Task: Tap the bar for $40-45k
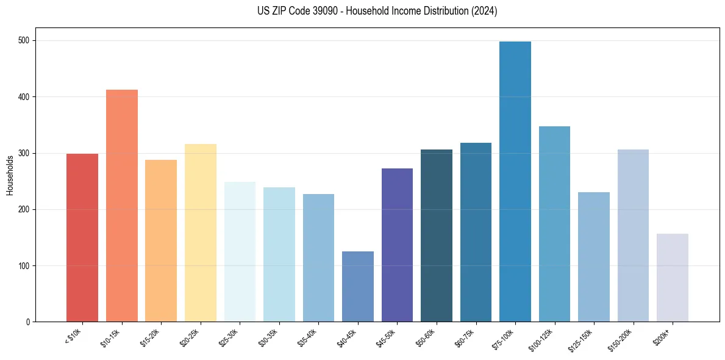tap(358, 286)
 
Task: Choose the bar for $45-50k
tap(397, 245)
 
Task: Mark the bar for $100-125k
tap(554, 224)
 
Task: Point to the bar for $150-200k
tap(633, 236)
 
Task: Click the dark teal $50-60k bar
tap(437, 236)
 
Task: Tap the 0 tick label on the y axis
tap(29, 322)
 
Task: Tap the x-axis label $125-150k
tap(582, 338)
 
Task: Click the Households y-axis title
tap(10, 175)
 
